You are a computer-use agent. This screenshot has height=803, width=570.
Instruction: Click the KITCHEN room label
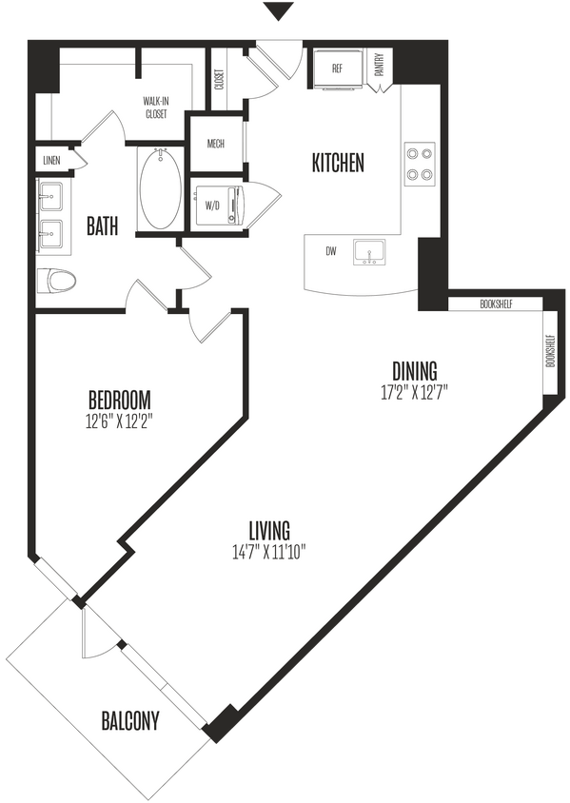pos(338,163)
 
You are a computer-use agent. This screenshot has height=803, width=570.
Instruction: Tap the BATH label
pos(102,226)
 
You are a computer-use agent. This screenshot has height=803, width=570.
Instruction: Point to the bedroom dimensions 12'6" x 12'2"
pos(120,420)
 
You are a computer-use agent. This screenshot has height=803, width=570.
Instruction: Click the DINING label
pos(414,370)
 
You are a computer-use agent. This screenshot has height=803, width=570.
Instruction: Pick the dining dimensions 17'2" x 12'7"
pos(414,390)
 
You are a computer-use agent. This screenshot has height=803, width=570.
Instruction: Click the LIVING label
pos(269,530)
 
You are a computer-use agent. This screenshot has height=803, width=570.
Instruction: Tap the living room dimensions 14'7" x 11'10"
pos(269,551)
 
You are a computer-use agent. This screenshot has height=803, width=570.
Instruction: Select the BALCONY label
pos(130,720)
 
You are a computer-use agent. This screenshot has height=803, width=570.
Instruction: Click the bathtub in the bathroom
pos(159,187)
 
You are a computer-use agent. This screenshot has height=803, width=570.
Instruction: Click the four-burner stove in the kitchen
pos(420,164)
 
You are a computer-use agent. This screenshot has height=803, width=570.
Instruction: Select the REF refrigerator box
pos(337,69)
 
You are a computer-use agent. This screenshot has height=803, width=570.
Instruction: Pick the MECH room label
pos(215,145)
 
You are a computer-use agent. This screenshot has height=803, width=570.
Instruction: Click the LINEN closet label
pos(51,161)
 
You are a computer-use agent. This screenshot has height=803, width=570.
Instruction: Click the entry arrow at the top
pos(276,12)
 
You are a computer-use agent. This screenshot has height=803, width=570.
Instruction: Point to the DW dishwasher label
pos(330,251)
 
